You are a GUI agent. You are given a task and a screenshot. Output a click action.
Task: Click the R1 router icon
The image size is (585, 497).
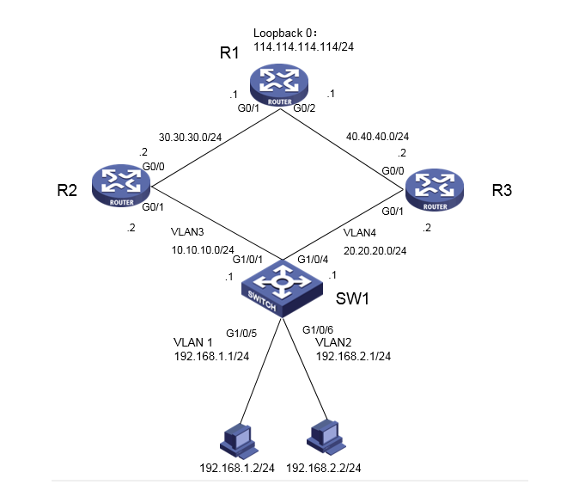[x=279, y=85]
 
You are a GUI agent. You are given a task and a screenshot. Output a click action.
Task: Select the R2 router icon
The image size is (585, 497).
[x=121, y=186]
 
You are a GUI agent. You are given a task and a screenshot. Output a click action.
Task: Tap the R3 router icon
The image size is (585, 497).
[x=435, y=190]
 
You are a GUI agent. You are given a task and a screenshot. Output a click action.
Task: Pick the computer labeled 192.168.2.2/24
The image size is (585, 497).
[x=326, y=437]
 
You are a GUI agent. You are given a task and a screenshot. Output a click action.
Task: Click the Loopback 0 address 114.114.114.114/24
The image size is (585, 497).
[x=304, y=47]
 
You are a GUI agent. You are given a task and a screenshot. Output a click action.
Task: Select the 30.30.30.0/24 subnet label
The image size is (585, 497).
[x=190, y=138]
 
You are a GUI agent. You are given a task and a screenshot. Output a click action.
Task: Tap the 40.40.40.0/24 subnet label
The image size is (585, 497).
[x=378, y=137]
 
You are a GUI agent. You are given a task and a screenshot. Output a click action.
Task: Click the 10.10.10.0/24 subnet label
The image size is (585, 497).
[x=203, y=250]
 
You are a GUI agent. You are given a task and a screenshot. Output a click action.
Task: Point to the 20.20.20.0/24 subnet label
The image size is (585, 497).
[x=375, y=251]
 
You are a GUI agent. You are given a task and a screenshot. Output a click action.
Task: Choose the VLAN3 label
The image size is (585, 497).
[x=187, y=232]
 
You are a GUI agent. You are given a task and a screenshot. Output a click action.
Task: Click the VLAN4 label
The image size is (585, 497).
[x=360, y=233]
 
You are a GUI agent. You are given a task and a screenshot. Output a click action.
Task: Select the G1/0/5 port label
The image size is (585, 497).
[x=241, y=333]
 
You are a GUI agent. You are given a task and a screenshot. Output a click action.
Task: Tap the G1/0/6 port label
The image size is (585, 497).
[x=318, y=329]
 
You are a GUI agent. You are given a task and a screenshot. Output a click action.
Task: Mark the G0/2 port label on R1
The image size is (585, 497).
[x=304, y=108]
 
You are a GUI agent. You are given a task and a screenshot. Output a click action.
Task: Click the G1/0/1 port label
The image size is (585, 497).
[x=247, y=259]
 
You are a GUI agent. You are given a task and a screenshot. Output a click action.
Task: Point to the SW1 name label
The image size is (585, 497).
[x=352, y=298]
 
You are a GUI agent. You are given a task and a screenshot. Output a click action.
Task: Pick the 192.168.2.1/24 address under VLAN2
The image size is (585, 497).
[x=353, y=356]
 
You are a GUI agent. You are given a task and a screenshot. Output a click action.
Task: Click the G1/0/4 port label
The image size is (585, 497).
[x=313, y=259]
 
